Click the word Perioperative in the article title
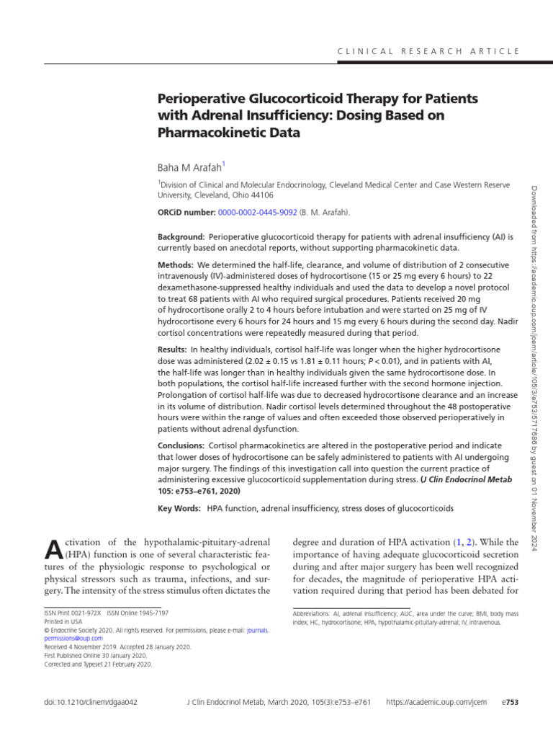pyautogui.click(x=201, y=97)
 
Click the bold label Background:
pyautogui.click(x=181, y=236)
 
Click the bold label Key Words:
pyautogui.click(x=180, y=508)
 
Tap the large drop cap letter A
pyautogui.click(x=53, y=549)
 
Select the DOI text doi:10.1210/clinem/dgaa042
pyautogui.click(x=91, y=702)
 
